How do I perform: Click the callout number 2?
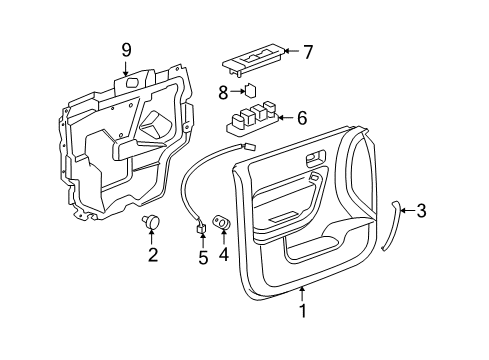(152, 254)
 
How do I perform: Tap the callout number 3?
(421, 210)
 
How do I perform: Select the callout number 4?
(223, 254)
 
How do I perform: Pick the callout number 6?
(302, 118)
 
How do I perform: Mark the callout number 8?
(224, 91)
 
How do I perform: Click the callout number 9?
(126, 49)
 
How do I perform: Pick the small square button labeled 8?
(253, 90)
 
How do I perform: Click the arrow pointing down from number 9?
(126, 68)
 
